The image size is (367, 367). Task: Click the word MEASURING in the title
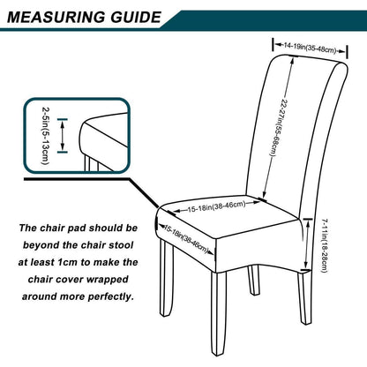56,17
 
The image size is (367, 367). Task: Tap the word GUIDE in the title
136,17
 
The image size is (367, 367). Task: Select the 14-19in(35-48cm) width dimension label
310,48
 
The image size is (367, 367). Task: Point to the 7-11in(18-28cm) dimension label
325,246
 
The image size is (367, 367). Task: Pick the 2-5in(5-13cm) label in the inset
46,136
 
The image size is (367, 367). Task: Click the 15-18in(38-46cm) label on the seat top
217,206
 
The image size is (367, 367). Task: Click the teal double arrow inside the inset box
62,136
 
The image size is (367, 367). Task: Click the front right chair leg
219,313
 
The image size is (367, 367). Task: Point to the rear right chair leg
304,298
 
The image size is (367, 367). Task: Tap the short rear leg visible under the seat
254,280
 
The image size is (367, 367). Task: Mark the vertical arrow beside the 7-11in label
307,243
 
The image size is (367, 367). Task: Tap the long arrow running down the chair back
278,128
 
